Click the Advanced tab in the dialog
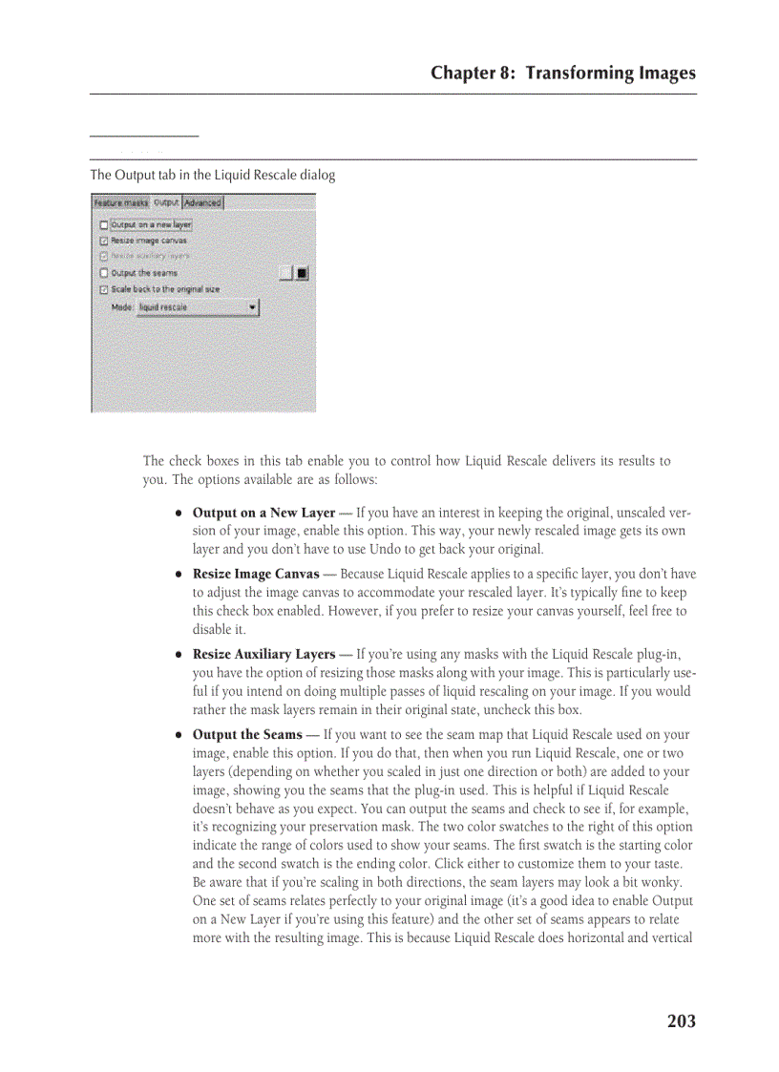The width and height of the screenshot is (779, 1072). pyautogui.click(x=202, y=202)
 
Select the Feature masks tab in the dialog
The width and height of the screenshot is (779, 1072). pyautogui.click(x=121, y=202)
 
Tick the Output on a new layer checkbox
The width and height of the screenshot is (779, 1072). pyautogui.click(x=103, y=225)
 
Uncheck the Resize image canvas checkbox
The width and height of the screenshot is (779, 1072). pyautogui.click(x=103, y=241)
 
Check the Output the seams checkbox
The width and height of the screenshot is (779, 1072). pyautogui.click(x=103, y=273)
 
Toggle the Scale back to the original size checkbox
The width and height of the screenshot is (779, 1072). pyautogui.click(x=103, y=288)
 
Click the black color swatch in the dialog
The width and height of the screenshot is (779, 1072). pyautogui.click(x=302, y=274)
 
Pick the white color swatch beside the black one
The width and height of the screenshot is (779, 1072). pyautogui.click(x=285, y=274)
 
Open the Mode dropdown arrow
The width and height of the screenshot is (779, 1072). pyautogui.click(x=252, y=307)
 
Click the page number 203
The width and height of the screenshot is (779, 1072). pyautogui.click(x=681, y=1021)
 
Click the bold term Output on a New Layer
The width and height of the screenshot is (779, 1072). pyautogui.click(x=263, y=513)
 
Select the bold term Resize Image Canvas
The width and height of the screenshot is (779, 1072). pyautogui.click(x=256, y=575)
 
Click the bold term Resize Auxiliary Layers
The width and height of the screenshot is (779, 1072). pyautogui.click(x=263, y=655)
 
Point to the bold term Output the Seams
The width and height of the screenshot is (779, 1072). pyautogui.click(x=247, y=735)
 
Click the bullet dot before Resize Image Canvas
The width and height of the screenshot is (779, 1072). pyautogui.click(x=179, y=576)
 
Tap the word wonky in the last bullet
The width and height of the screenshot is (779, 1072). pyautogui.click(x=671, y=882)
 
